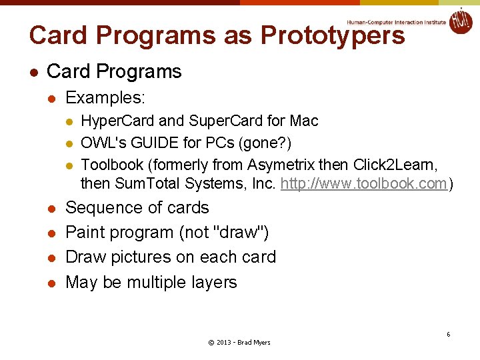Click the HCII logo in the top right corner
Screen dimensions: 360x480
coord(460,21)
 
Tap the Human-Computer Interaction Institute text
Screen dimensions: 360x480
coord(396,21)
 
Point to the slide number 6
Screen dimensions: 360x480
coord(448,334)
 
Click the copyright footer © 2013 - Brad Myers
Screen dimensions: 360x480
coord(239,342)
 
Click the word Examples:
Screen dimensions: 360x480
coord(105,98)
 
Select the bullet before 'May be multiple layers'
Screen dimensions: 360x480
coord(50,283)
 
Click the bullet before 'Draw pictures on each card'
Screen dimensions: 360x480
coord(50,258)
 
